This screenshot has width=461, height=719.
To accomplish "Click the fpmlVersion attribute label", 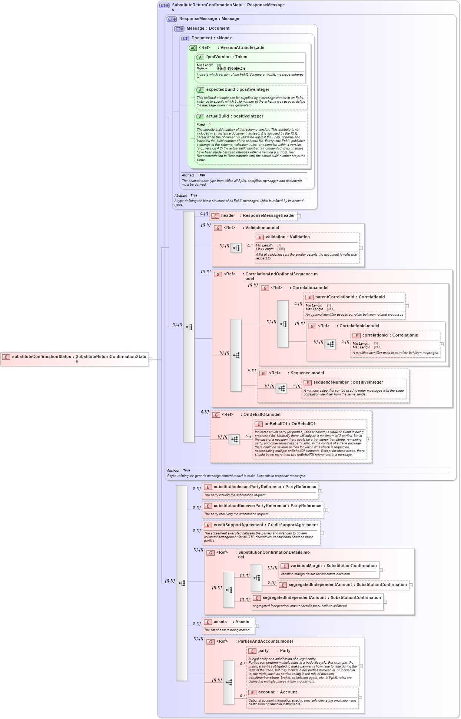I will (218, 57).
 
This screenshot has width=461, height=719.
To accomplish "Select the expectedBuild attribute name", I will (220, 90).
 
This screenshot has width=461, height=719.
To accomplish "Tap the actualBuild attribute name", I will (218, 116).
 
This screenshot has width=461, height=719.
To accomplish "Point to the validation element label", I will (275, 237).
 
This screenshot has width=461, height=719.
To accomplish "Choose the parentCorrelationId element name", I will (334, 297).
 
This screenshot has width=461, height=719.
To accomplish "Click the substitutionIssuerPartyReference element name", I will (247, 487).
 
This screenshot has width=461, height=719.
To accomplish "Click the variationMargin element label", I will (306, 566).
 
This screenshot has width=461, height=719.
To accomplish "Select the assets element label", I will (220, 622).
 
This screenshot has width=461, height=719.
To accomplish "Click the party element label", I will (263, 651).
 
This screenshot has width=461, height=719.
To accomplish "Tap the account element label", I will (266, 692).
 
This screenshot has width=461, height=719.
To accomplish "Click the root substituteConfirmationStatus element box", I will (74, 359).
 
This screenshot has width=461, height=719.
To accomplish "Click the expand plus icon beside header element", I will (299, 216).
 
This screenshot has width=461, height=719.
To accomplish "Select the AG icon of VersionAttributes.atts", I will (193, 48).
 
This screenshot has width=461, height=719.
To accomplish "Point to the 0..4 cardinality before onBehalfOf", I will (248, 437).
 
